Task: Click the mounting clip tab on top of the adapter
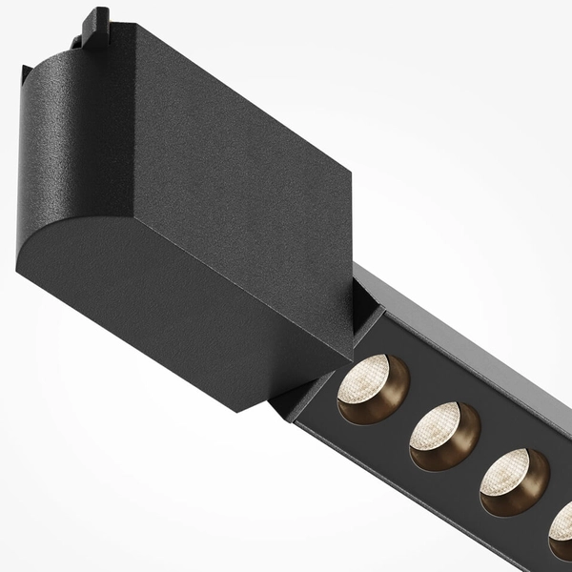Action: coord(96,29)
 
